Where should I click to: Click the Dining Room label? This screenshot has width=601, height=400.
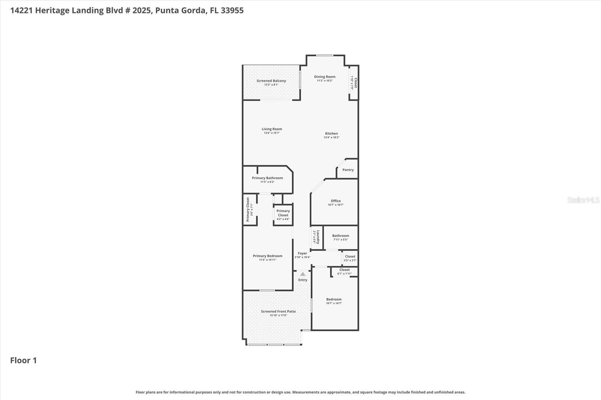[x=325, y=77]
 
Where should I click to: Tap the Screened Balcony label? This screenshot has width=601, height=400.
[x=271, y=81]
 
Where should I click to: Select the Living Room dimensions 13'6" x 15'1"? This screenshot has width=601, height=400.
[x=272, y=133]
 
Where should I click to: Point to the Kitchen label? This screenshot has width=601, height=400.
[x=331, y=133]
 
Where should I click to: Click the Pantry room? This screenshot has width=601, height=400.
[x=348, y=170]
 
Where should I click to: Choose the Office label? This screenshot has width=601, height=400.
[x=335, y=201]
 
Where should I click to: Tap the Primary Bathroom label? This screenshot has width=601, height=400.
[x=267, y=178]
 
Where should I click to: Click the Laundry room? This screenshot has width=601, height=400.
[x=316, y=237]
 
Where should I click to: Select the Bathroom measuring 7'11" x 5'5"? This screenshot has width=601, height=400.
[x=340, y=238]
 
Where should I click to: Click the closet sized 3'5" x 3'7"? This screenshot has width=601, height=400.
[x=350, y=258]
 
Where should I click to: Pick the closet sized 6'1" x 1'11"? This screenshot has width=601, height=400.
[x=344, y=271]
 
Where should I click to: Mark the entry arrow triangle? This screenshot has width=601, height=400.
[x=303, y=274]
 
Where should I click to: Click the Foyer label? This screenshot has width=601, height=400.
[x=302, y=253]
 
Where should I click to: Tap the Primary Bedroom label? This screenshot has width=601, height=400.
[x=267, y=256]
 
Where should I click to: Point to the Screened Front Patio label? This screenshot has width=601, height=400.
[x=278, y=311]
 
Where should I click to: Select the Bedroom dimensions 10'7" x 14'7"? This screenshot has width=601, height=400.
[x=334, y=303]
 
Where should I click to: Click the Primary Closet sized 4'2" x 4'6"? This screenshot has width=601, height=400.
[x=283, y=215]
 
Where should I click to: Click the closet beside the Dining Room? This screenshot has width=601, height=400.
[x=353, y=83]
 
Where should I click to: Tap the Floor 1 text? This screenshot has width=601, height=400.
[x=23, y=360]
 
